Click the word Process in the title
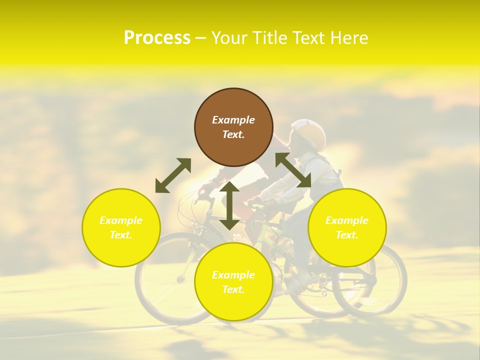coord(157,38)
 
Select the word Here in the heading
coord(348,38)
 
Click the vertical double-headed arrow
coord(229,205)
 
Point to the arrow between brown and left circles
coord(173,175)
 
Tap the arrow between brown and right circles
coord(293,170)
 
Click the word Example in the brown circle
coord(233,120)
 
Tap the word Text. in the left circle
coord(121,235)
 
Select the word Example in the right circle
coord(347,220)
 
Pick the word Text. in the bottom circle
coord(233,289)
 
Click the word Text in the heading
coord(309,38)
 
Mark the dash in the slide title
coord(200,38)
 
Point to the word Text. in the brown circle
coord(233,134)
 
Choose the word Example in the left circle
coord(121,220)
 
